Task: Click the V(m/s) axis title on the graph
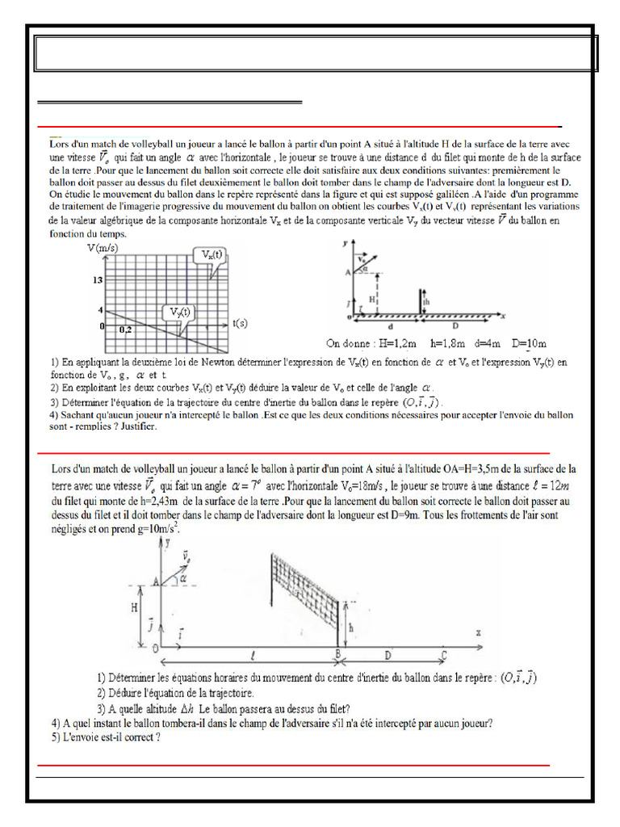click(103, 248)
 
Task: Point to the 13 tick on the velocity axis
click(97, 279)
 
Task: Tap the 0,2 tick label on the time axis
click(125, 330)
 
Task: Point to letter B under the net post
click(339, 655)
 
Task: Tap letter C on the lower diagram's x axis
click(443, 655)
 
